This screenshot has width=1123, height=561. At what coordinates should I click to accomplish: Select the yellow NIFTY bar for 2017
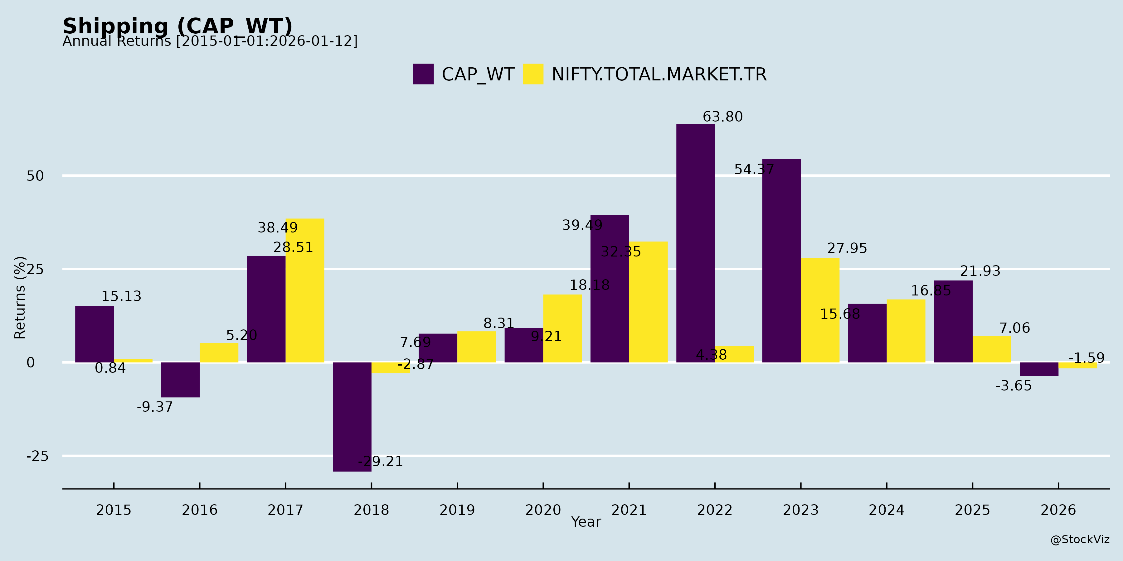[x=305, y=290]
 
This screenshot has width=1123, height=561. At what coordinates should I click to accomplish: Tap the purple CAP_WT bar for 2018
[x=352, y=416]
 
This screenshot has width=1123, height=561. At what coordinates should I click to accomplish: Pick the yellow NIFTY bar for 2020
[x=562, y=328]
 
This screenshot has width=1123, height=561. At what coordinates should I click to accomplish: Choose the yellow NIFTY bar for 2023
[x=820, y=310]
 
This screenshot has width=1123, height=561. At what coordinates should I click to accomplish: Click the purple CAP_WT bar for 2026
[x=1039, y=369]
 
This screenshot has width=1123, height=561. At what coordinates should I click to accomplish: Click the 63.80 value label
[x=722, y=117]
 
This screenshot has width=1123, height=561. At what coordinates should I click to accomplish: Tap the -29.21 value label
[x=380, y=461]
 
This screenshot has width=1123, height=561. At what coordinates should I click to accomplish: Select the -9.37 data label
[x=155, y=407]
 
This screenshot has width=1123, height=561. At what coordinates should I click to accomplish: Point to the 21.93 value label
[x=980, y=271]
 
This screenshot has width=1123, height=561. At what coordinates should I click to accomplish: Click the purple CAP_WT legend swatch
[x=423, y=74]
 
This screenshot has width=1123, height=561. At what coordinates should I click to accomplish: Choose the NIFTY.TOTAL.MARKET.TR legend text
[x=659, y=74]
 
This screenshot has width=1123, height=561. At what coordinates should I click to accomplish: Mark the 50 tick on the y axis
[x=35, y=176]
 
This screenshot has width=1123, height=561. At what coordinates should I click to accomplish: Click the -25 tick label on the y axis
[x=37, y=456]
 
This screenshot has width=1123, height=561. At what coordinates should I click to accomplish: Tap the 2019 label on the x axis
[x=457, y=510]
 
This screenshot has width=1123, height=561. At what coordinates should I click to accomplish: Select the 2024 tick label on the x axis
[x=886, y=510]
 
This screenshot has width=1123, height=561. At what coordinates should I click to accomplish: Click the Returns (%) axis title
[x=20, y=298]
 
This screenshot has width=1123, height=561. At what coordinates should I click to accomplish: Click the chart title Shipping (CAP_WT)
[x=177, y=26]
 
